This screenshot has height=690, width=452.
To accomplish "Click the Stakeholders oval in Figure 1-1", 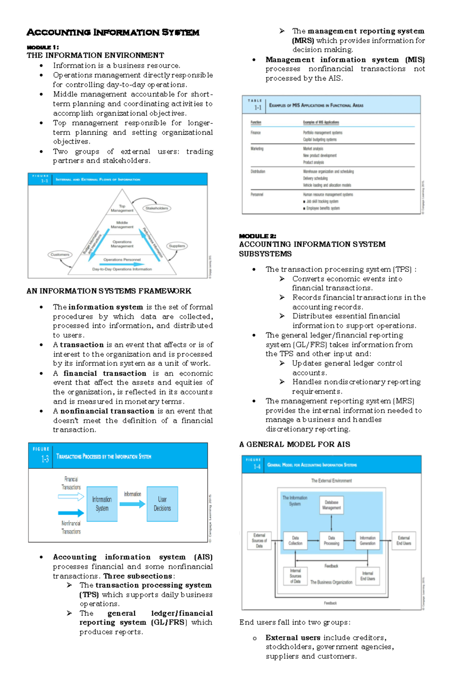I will pyautogui.click(x=157, y=208).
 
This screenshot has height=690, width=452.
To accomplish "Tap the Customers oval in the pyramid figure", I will pyautogui.click(x=60, y=255).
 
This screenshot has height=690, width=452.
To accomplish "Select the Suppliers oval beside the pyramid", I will pyautogui.click(x=177, y=246).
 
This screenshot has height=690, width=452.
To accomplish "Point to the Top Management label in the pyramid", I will pyautogui.click(x=122, y=208).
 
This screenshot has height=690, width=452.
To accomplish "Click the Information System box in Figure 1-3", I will pyautogui.click(x=102, y=504).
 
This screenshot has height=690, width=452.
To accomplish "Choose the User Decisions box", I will pyautogui.click(x=162, y=504).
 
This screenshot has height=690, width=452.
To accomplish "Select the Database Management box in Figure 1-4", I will pyautogui.click(x=331, y=505).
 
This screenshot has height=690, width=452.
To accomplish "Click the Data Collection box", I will pyautogui.click(x=296, y=541).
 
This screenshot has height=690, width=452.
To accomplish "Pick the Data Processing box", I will pyautogui.click(x=331, y=541).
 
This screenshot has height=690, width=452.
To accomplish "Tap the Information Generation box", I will pyautogui.click(x=368, y=541).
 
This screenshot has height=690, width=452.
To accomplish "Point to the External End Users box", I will pyautogui.click(x=404, y=541).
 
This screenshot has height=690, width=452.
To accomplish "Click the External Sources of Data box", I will pyautogui.click(x=259, y=541).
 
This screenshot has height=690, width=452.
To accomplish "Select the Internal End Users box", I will pyautogui.click(x=368, y=576).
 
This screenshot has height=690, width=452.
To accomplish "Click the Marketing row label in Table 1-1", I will pyautogui.click(x=257, y=149).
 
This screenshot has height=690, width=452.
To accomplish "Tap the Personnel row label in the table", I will pyautogui.click(x=257, y=195).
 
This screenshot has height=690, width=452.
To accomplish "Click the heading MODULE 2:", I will pyautogui.click(x=258, y=236).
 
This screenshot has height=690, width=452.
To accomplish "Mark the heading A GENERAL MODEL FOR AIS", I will pyautogui.click(x=295, y=444).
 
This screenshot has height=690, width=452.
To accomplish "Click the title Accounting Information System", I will pyautogui.click(x=113, y=33).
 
